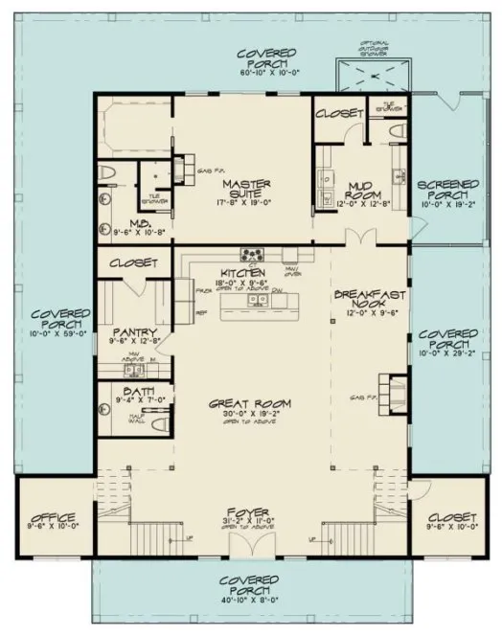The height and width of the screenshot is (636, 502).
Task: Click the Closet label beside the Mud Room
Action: point(338,113)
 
